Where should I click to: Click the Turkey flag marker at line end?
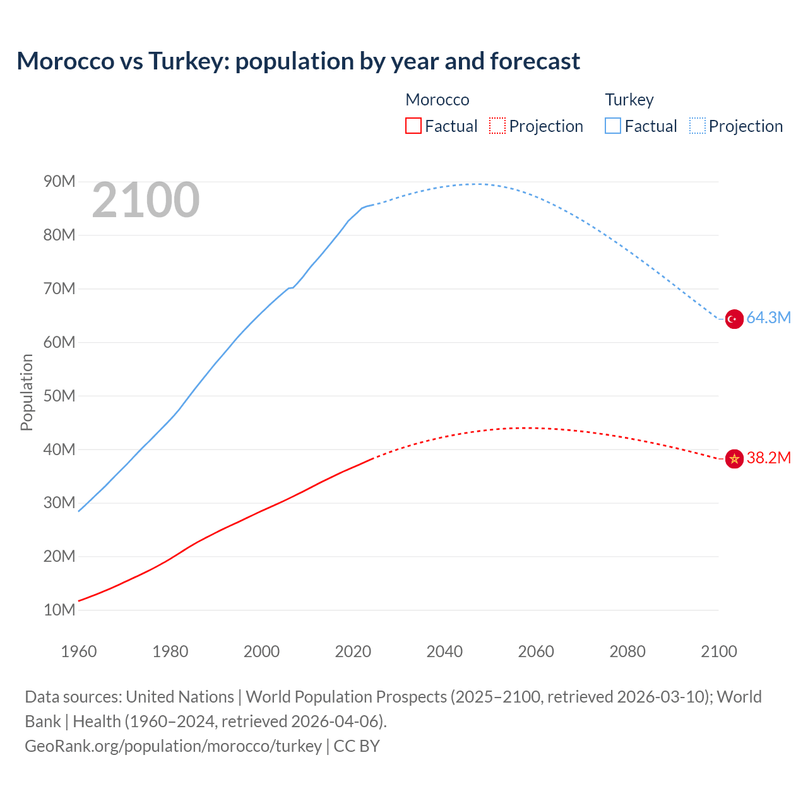pos(734,319)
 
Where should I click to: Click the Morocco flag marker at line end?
pos(734,459)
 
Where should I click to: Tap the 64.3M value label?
pos(768,318)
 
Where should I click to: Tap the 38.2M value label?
pos(768,458)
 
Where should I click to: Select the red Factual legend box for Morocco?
pos(413,126)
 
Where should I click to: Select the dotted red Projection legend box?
pos(497,126)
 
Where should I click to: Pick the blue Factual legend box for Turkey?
pos(613,126)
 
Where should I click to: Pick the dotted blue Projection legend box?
pos(697,126)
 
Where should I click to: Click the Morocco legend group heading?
pos(437,100)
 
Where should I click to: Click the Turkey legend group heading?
pos(629,100)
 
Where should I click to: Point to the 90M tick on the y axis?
pos(59,182)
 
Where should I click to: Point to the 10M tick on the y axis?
pos(59,610)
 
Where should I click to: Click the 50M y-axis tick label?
pos(59,396)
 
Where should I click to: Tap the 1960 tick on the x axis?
pos(79,651)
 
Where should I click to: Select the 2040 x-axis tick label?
pos(444,651)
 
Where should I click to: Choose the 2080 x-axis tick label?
pos(627,651)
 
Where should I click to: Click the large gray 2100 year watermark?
pos(146,200)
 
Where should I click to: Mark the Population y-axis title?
pos(27,393)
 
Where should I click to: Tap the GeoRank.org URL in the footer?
pos(174,746)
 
